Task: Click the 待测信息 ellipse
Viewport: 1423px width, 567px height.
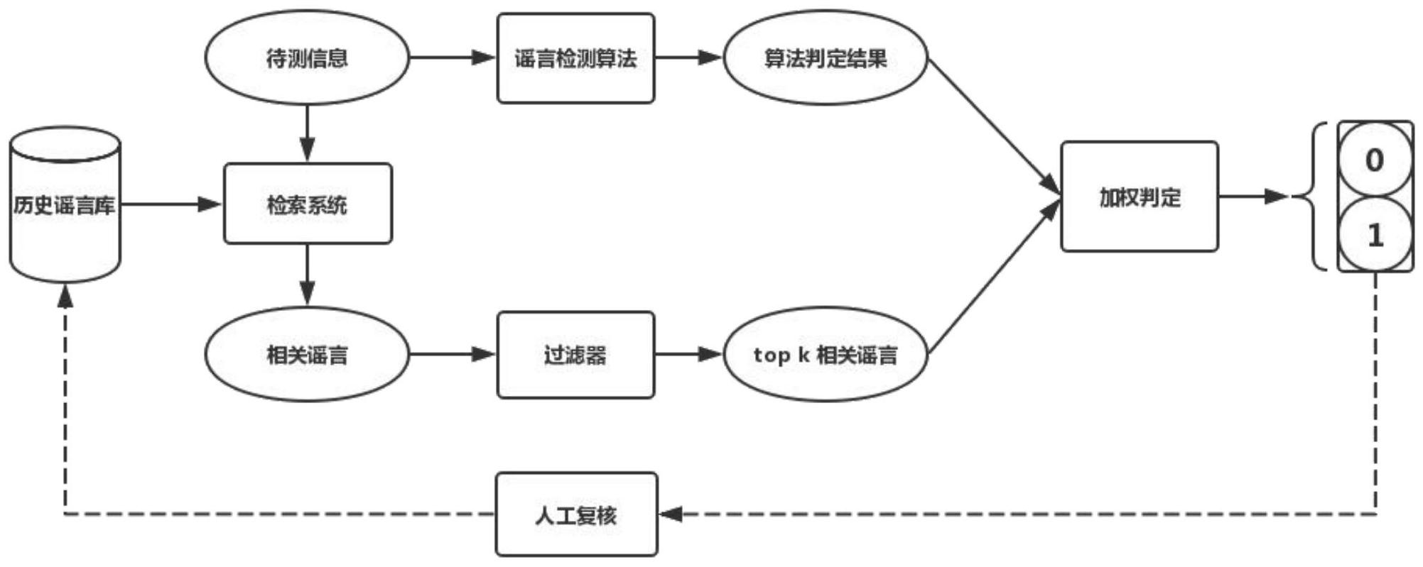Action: tap(307, 57)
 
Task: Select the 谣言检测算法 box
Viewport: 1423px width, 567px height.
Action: tap(575, 58)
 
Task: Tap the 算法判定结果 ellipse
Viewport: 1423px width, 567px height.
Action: tap(825, 57)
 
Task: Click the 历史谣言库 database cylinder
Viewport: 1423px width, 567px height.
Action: tap(65, 205)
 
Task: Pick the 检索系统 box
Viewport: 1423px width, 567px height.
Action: tap(308, 204)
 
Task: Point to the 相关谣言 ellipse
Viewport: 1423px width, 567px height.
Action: tap(307, 354)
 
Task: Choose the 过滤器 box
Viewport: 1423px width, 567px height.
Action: tap(575, 355)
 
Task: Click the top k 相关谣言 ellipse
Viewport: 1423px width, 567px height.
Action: tap(825, 354)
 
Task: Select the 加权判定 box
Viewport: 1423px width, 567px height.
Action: tap(1139, 197)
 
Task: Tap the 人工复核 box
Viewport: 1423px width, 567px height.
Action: tap(576, 514)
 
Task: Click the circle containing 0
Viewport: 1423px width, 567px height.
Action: tap(1375, 160)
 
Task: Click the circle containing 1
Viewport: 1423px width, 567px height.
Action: tap(1375, 235)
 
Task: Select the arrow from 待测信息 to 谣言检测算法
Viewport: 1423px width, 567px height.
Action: tap(452, 57)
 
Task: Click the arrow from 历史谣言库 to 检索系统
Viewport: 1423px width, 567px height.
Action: tap(171, 205)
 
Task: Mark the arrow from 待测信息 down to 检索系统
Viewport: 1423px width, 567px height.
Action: tap(307, 134)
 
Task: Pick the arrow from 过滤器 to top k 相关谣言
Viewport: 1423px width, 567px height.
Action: tap(688, 354)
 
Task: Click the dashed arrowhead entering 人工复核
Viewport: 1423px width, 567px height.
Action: tap(671, 514)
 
